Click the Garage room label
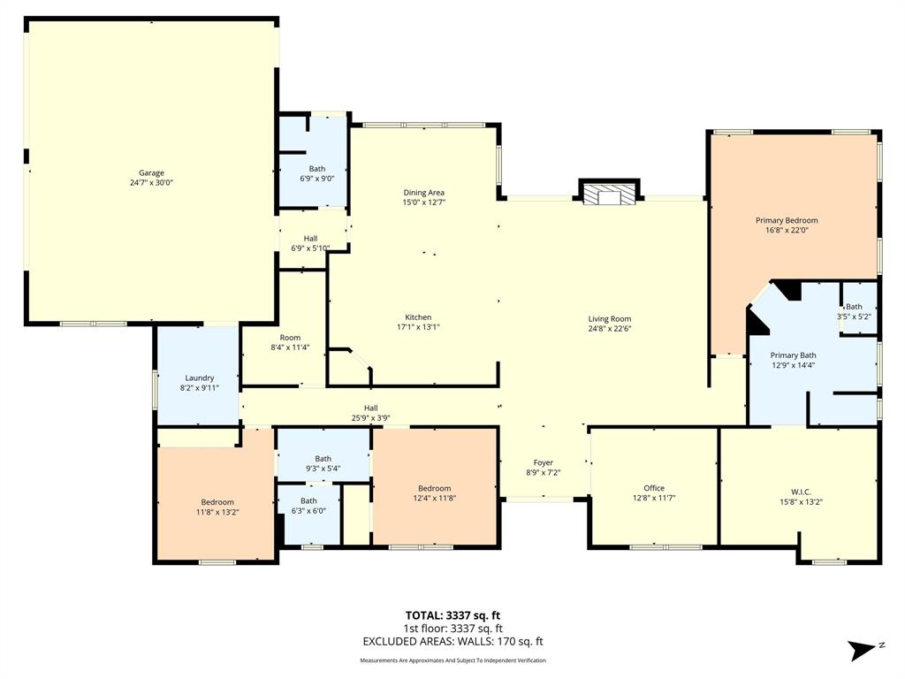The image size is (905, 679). (x=150, y=173)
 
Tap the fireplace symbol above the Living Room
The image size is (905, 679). (x=608, y=193)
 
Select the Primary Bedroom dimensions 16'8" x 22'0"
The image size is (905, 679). (x=786, y=231)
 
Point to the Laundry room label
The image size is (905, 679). (x=199, y=378)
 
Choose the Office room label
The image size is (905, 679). (x=654, y=488)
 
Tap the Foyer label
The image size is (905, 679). (x=543, y=462)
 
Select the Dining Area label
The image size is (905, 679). (x=423, y=192)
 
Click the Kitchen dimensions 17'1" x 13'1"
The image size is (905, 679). (x=418, y=327)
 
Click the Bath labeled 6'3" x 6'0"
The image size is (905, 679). (x=308, y=506)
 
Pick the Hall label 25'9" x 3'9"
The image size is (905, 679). (x=371, y=413)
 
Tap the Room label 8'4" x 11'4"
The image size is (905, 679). (x=290, y=342)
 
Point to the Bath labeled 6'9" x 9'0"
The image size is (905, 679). (x=316, y=173)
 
